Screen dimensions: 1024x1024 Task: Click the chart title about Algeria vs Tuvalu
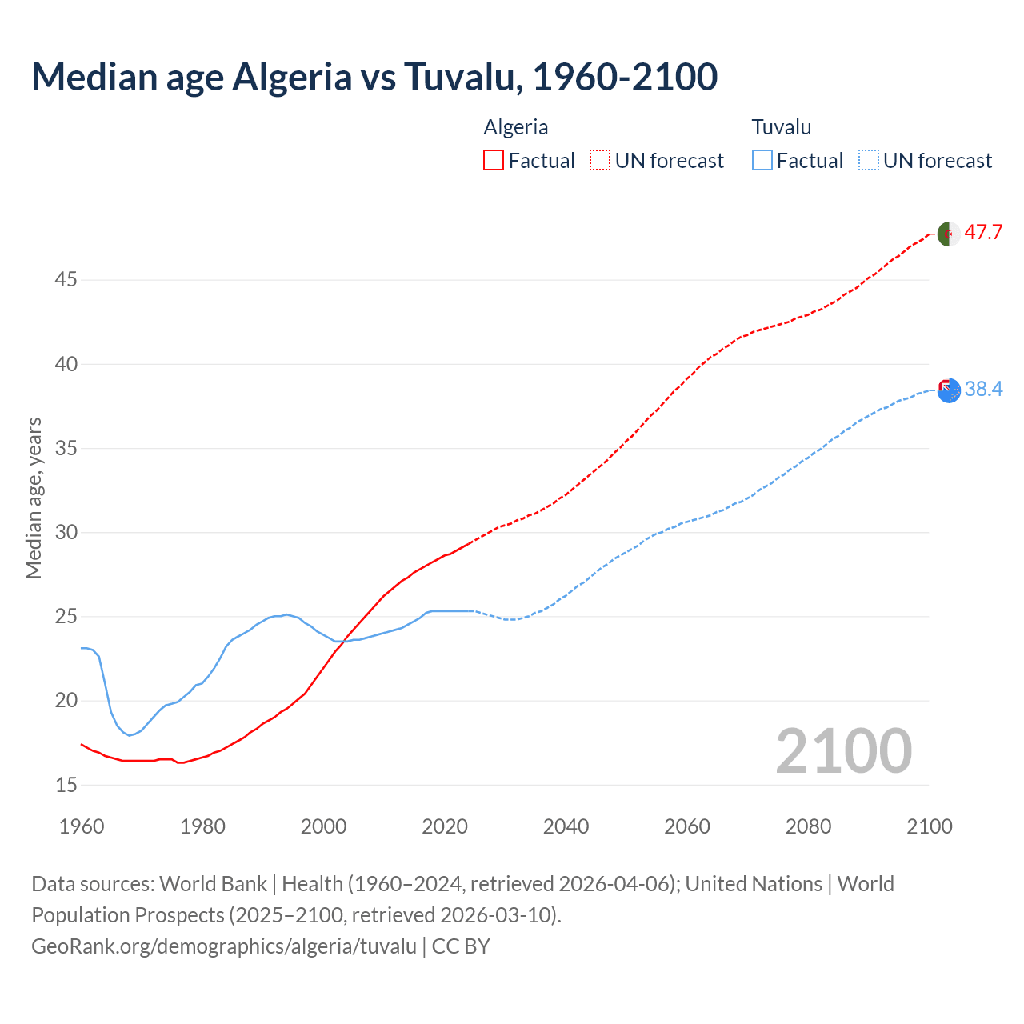tap(374, 77)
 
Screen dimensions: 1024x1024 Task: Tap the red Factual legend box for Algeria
tap(494, 160)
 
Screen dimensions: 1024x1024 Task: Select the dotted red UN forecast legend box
tap(599, 160)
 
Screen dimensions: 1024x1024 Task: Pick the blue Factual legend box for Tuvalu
tap(762, 160)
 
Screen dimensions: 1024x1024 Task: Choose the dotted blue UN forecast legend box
tap(868, 160)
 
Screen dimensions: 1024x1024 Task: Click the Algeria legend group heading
tap(516, 127)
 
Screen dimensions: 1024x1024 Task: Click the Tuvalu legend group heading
tap(782, 127)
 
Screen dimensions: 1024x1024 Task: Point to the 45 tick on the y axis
tap(66, 280)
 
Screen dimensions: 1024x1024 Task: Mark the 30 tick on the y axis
tap(66, 532)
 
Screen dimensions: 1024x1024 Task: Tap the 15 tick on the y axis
tap(66, 785)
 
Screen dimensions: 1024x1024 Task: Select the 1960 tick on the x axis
tap(82, 826)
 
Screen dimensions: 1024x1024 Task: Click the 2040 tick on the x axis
tap(566, 826)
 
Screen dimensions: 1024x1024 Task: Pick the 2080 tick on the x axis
tap(808, 826)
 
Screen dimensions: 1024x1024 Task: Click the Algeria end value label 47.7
tap(983, 233)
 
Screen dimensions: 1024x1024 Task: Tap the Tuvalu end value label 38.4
tap(983, 390)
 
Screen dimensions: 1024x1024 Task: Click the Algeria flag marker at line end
tap(949, 234)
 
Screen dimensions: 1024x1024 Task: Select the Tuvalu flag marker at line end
tap(949, 390)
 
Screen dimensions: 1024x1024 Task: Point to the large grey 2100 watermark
tap(844, 750)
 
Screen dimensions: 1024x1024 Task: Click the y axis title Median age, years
tap(34, 498)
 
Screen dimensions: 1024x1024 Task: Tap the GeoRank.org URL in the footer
tap(224, 946)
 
